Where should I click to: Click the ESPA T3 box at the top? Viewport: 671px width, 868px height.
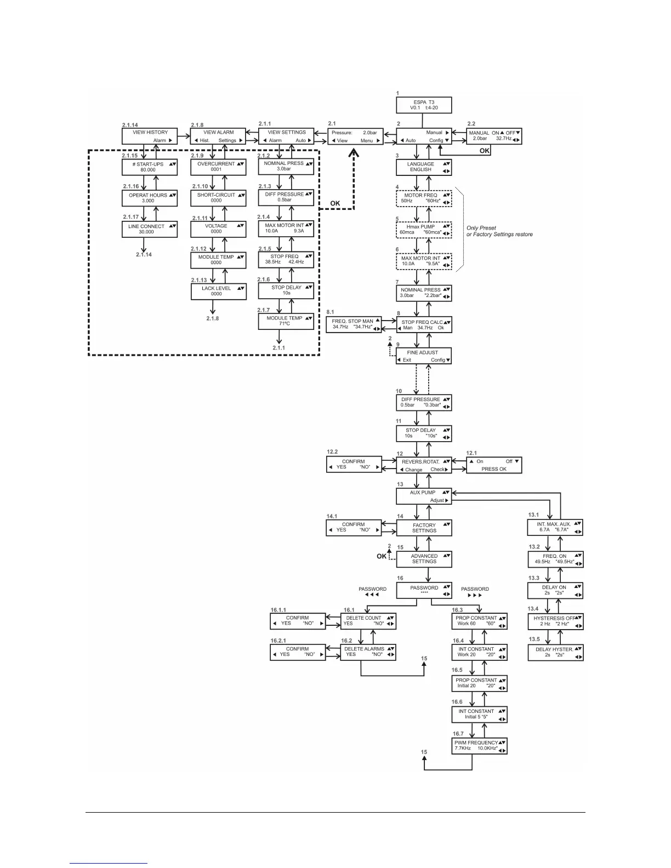point(424,105)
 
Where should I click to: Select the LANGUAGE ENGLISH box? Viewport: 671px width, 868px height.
point(424,167)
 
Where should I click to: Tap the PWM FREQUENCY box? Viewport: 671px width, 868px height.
point(479,746)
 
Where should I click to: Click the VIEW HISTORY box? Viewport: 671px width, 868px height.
point(150,136)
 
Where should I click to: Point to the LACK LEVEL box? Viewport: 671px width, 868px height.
point(218,291)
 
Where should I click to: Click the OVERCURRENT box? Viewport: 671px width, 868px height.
point(218,167)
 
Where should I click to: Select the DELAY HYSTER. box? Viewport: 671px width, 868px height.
point(555,652)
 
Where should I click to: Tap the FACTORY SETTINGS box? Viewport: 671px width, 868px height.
point(424,528)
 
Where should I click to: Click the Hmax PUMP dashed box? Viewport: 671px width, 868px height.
point(424,229)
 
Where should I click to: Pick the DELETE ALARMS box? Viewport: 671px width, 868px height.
point(368,652)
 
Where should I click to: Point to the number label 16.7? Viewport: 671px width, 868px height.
point(458,733)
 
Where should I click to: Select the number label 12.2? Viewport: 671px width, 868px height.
point(332,452)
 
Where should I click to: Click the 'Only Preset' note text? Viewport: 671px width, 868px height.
point(481,228)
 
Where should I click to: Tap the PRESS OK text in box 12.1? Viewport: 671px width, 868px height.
point(494,469)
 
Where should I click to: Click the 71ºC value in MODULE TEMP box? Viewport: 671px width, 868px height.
point(285,323)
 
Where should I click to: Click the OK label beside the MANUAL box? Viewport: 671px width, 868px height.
point(485,151)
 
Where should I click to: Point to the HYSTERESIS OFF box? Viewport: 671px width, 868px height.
point(555,621)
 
